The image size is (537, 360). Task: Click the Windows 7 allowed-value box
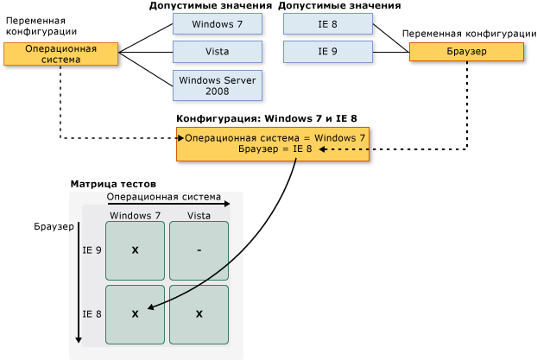tap(217, 23)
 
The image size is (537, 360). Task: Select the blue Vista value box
tap(217, 52)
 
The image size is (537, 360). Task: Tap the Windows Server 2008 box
tap(217, 85)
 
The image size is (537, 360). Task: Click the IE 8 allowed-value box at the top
tap(327, 23)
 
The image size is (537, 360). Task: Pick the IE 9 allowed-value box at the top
tap(327, 52)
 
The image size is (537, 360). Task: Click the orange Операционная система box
tap(60, 54)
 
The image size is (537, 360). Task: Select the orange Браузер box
tap(466, 52)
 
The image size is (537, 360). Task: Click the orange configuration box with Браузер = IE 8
tap(274, 143)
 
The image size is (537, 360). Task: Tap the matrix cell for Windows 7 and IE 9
tap(135, 250)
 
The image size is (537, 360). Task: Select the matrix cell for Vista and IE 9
tap(199, 250)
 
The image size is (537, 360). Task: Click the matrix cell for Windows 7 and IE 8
tap(135, 314)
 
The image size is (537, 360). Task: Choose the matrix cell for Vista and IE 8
tap(199, 314)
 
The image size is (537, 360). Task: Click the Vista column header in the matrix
tap(199, 214)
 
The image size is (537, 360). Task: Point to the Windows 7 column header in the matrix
tap(135, 214)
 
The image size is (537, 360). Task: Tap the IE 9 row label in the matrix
tap(92, 250)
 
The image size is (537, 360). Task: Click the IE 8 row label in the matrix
tap(92, 314)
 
